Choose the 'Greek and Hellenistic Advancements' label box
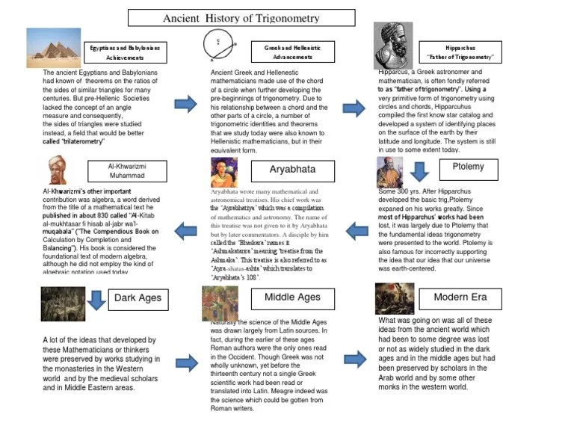(292, 52)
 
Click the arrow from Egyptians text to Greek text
(185, 105)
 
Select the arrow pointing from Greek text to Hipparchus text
(354, 108)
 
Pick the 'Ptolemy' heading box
(468, 167)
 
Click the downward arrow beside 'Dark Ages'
(95, 299)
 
